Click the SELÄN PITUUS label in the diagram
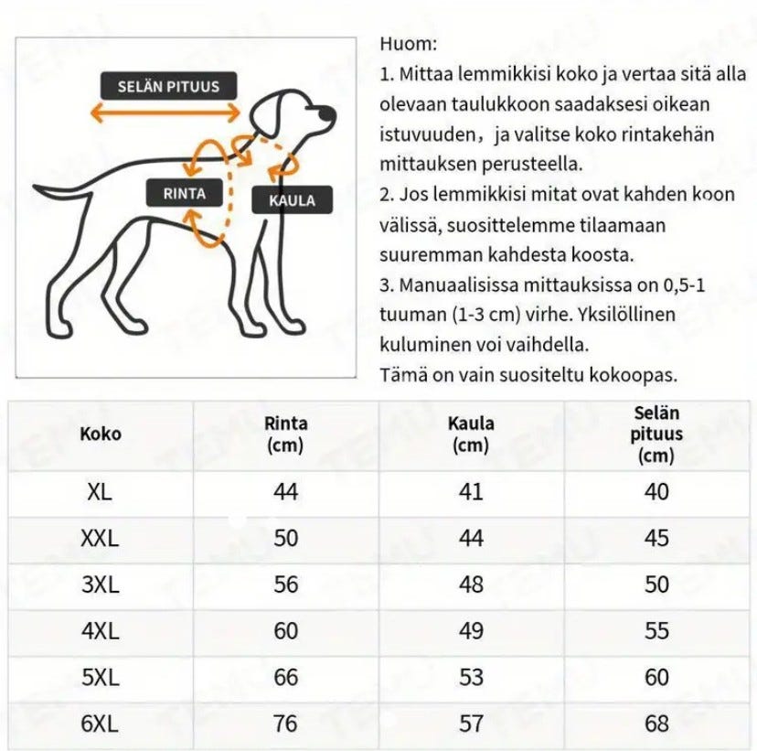coord(168,87)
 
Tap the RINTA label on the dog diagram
coord(185,193)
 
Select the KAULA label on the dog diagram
coord(292,200)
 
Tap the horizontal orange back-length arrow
coord(165,113)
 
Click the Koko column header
coord(101,434)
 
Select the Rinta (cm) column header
coord(286,435)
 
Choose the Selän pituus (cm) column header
coord(656,435)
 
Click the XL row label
coord(100,492)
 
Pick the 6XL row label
coord(100,724)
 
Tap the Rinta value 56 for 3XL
coord(286,585)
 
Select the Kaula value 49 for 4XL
coord(471,631)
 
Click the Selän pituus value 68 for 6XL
coord(656,724)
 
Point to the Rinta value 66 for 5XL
coord(286,677)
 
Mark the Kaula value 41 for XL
coord(471,492)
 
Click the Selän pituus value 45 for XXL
coord(656,538)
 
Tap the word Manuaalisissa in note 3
coord(461,284)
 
